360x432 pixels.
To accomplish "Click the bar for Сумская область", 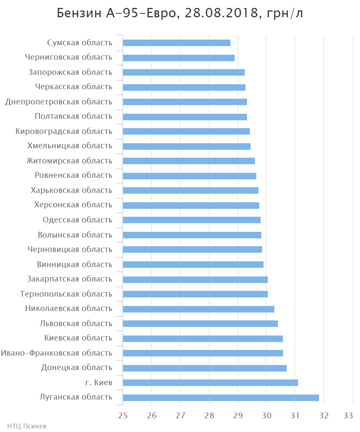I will [x=176, y=43].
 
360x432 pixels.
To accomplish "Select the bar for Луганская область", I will [x=221, y=397].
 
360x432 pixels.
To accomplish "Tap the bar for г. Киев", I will [x=210, y=383].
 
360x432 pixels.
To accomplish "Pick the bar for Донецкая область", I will [x=204, y=368].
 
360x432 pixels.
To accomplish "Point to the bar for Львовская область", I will [x=200, y=324].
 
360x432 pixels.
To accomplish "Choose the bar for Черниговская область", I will [x=179, y=58].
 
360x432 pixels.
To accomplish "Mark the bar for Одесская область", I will [x=192, y=220].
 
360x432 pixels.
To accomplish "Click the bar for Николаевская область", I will [x=198, y=309].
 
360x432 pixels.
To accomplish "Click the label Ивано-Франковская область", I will [x=57, y=353].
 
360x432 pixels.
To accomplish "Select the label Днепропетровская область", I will [x=59, y=102].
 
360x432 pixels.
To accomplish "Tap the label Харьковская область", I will [x=72, y=190].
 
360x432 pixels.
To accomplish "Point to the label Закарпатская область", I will [x=69, y=279].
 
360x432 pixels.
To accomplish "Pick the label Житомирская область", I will [x=69, y=161].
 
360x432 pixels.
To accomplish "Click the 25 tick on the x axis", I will [x=123, y=415].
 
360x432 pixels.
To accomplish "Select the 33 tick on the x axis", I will [x=348, y=415].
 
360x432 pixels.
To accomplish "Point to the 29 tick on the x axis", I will [x=238, y=415].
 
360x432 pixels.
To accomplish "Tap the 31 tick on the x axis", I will [x=295, y=415].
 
